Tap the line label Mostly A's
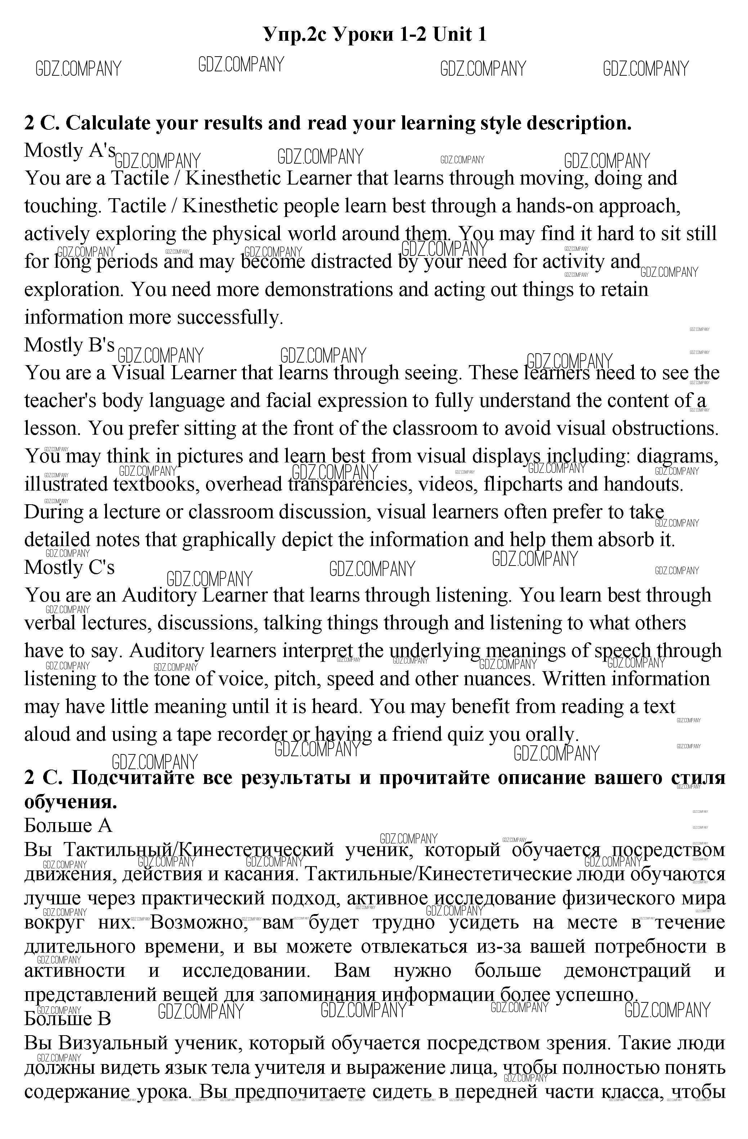70,151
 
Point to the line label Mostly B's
70,345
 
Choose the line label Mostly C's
70,567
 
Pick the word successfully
230,317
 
